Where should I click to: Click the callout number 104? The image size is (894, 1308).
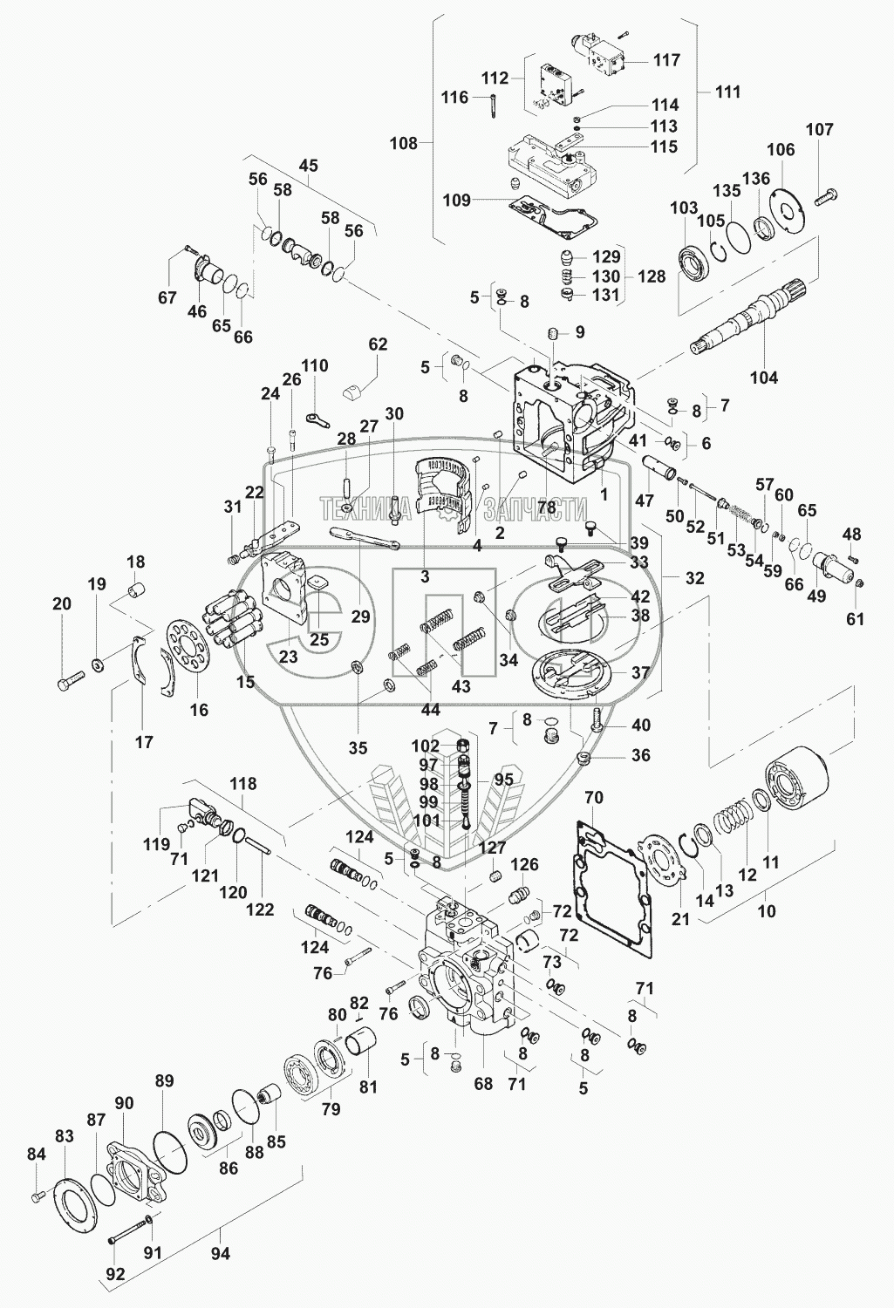(764, 378)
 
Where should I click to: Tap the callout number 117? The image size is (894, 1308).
(666, 60)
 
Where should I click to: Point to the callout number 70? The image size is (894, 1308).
(593, 797)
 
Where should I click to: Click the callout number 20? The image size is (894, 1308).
(61, 603)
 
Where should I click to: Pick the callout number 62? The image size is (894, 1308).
(378, 344)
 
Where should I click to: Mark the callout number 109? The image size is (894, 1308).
(457, 201)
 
